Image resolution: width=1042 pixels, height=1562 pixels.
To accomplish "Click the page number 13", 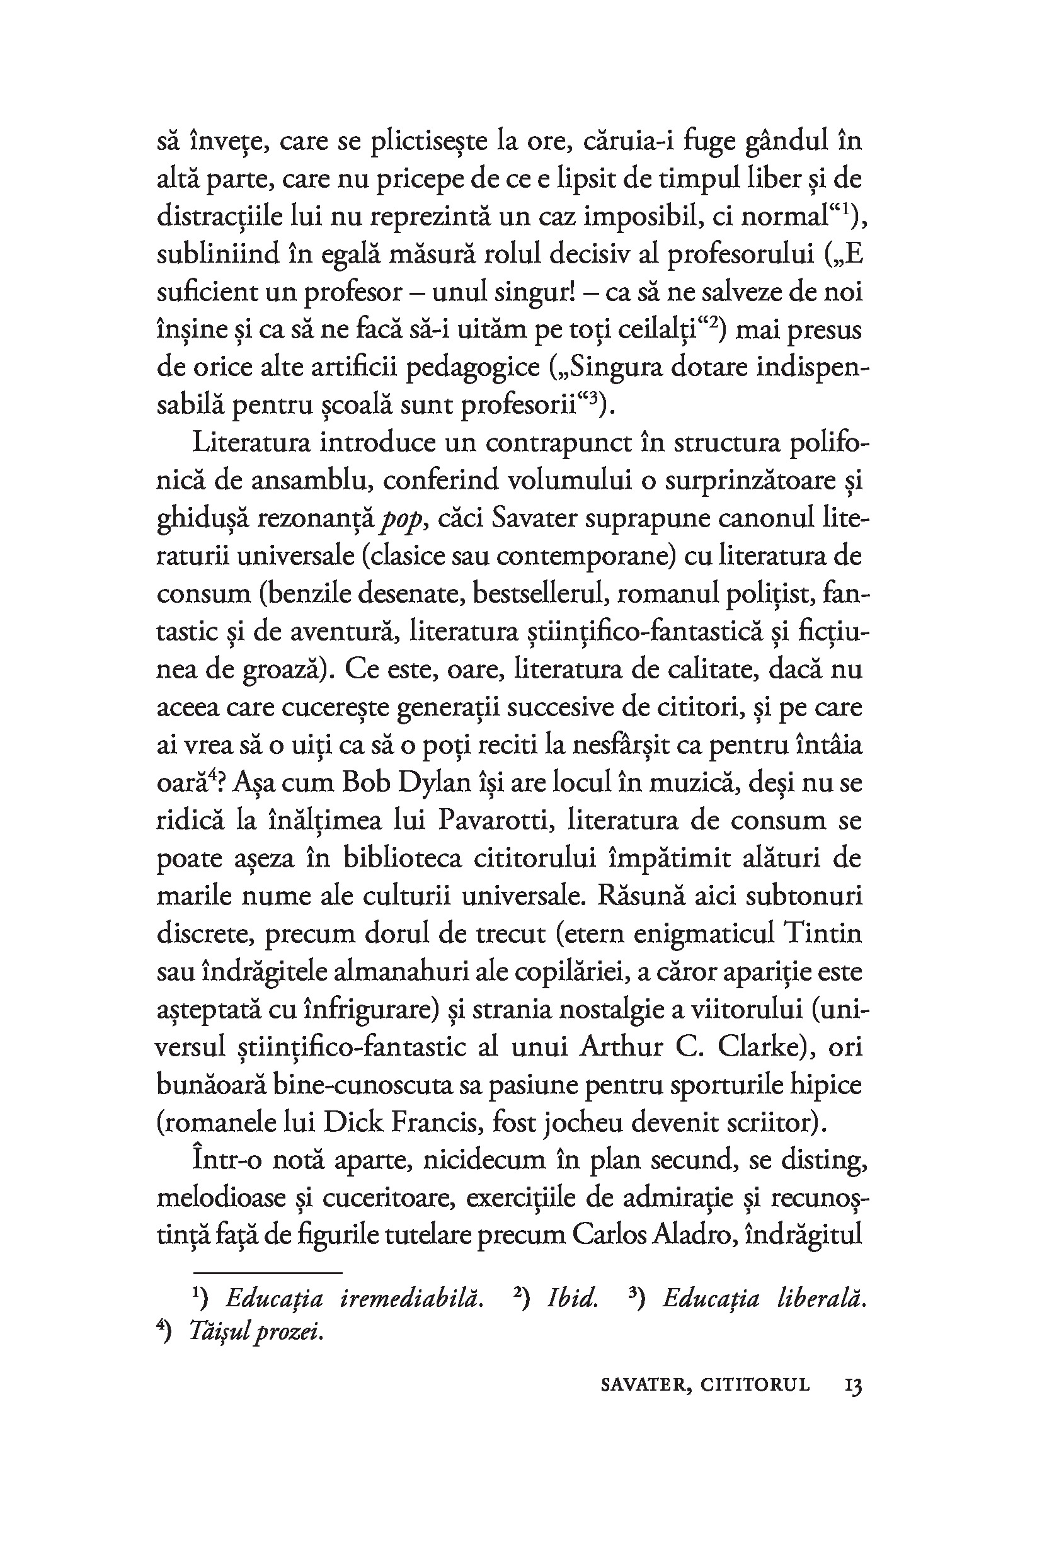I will coord(852,1385).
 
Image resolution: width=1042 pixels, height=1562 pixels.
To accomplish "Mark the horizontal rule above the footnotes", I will coord(267,1274).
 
